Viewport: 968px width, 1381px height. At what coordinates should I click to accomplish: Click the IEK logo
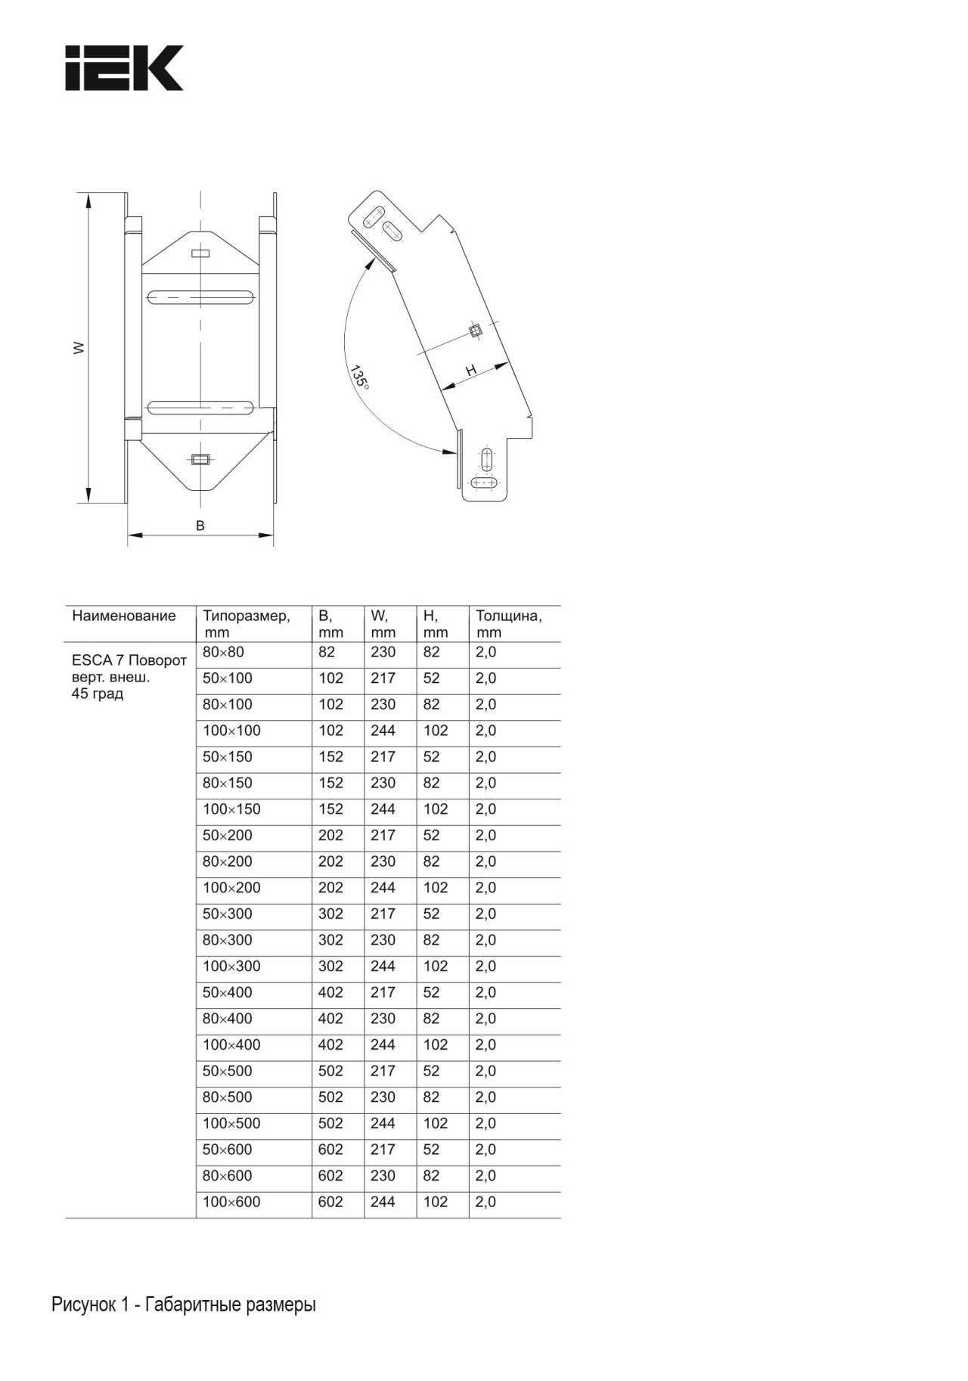(124, 68)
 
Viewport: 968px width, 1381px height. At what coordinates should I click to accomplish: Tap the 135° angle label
(359, 377)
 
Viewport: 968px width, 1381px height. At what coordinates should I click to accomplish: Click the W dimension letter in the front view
(78, 348)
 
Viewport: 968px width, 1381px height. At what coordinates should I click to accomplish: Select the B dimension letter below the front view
(200, 526)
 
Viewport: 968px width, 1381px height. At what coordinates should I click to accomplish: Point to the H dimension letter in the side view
(471, 370)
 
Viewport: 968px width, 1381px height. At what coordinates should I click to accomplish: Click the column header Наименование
(123, 616)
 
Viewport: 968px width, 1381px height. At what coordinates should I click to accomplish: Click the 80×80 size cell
(223, 652)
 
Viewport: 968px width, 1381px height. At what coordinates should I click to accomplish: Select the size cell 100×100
(231, 731)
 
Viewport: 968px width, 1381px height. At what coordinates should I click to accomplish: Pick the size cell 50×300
(227, 914)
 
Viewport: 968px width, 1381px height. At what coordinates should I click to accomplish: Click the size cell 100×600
(231, 1202)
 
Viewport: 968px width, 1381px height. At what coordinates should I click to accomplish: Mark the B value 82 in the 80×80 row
(327, 652)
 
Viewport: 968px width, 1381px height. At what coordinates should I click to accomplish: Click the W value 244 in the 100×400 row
(383, 1044)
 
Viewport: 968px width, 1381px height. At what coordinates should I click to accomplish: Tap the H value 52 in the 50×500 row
(431, 1071)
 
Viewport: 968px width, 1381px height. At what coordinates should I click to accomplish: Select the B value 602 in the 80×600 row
(330, 1175)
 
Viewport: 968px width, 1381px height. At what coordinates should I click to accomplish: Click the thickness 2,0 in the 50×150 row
(486, 756)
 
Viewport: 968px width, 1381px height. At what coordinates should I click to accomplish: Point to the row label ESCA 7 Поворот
(129, 660)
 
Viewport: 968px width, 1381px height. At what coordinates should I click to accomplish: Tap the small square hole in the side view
(475, 330)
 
